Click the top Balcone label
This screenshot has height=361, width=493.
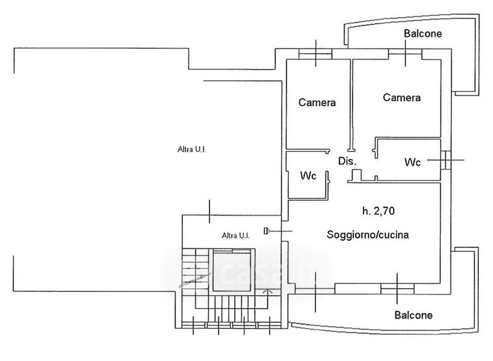(423, 34)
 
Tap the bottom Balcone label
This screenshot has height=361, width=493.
(413, 315)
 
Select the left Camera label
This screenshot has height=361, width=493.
(317, 103)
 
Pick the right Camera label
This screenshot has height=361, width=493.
(402, 97)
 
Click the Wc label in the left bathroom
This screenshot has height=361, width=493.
(308, 176)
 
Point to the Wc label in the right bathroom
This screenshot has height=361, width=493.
(413, 163)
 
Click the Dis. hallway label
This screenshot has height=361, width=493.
(348, 161)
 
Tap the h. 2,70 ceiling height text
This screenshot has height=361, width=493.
(378, 211)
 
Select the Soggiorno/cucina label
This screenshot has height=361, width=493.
(368, 235)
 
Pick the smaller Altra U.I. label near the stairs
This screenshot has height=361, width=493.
(235, 235)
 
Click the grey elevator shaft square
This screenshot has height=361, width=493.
(233, 271)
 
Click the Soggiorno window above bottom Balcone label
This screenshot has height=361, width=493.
(397, 286)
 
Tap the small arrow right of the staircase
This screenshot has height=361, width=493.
(266, 293)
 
